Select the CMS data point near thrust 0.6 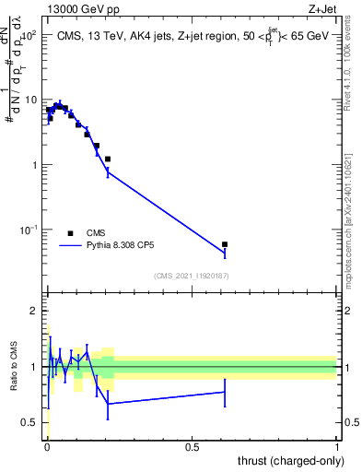[x=225, y=244]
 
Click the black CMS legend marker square [x=70, y=233]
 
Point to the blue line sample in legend [x=70, y=246]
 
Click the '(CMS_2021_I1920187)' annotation [x=192, y=275]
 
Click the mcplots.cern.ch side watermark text [x=354, y=212]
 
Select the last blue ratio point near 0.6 [x=225, y=392]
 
